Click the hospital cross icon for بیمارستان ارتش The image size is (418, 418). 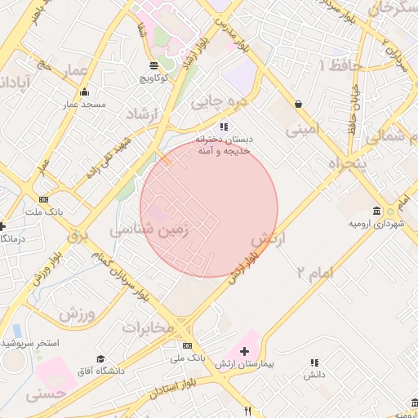(244, 350)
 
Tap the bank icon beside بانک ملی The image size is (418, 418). (188, 345)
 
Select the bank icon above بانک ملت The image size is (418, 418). (43, 199)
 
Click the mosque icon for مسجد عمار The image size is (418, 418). (85, 92)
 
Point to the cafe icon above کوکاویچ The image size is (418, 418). (153, 65)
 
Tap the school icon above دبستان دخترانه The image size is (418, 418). (224, 127)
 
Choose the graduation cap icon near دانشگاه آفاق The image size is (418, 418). (100, 359)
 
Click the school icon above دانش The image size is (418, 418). (314, 362)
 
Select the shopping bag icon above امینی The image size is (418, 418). (299, 104)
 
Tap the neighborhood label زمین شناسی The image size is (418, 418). (149, 230)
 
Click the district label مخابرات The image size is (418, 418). (149, 327)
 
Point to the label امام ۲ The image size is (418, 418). (314, 272)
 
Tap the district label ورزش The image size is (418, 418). (78, 313)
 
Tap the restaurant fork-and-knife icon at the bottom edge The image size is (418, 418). (248, 411)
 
